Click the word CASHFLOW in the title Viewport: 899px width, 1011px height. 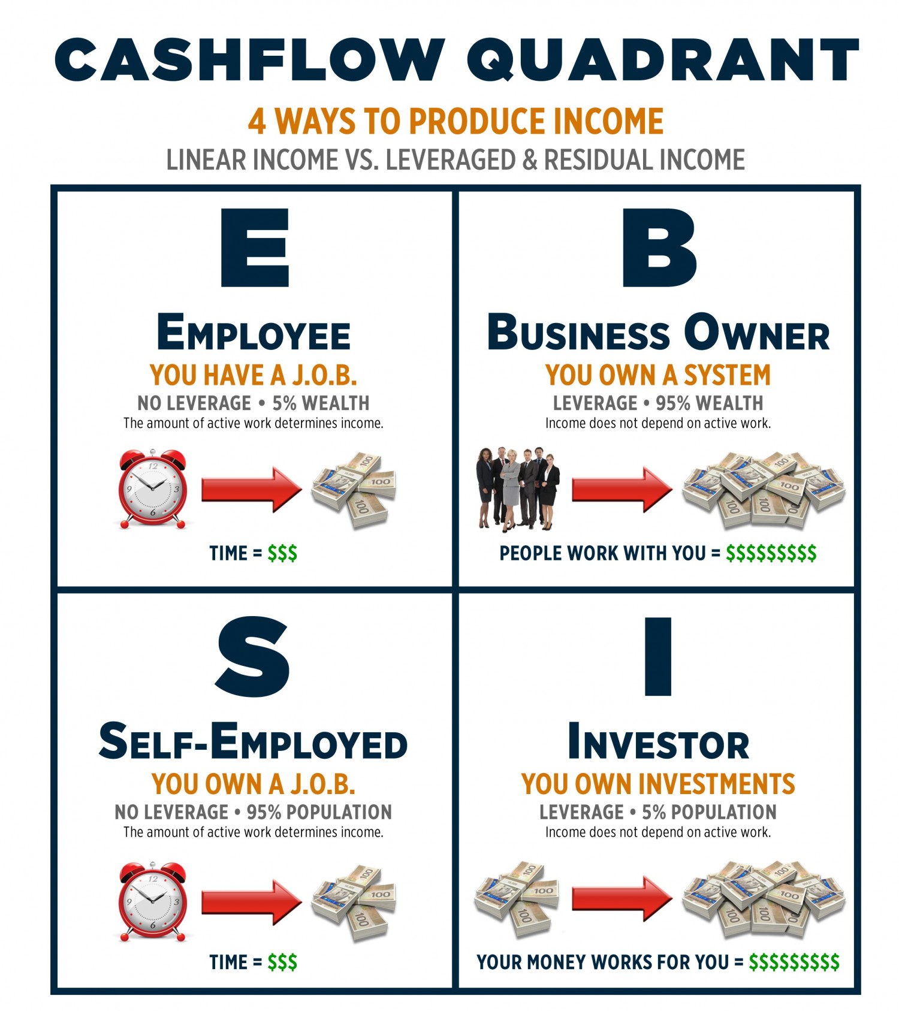click(x=250, y=59)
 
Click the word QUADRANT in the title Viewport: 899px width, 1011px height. click(x=663, y=59)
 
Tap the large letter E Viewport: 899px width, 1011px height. click(x=255, y=248)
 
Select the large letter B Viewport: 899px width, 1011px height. click(x=659, y=248)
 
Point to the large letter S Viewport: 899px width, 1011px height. click(x=253, y=657)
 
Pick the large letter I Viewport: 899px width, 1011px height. click(x=657, y=657)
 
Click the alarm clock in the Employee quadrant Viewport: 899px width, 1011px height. click(x=152, y=489)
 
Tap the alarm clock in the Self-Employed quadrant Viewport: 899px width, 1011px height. click(x=152, y=901)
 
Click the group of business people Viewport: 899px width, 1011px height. click(x=518, y=488)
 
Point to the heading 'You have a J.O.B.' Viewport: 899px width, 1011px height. click(x=253, y=376)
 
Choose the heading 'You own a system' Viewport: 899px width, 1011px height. click(x=657, y=376)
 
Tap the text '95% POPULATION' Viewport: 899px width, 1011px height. click(x=319, y=812)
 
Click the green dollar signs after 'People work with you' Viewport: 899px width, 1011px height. click(x=771, y=553)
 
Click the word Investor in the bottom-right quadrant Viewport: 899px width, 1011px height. click(x=658, y=743)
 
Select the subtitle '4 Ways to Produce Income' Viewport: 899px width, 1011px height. click(x=455, y=121)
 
